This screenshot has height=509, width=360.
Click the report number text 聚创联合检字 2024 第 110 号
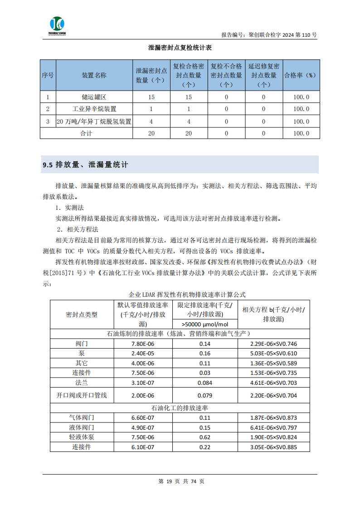pos(269,34)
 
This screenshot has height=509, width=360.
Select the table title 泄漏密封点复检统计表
pos(180,48)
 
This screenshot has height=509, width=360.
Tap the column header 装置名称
pos(94,75)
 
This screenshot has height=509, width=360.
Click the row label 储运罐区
pos(94,97)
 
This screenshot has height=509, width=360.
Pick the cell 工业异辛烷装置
pos(94,109)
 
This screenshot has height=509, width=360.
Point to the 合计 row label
pos(86,133)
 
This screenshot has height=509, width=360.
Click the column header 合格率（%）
pos(301,75)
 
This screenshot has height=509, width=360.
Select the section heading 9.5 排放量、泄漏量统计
pos(85,165)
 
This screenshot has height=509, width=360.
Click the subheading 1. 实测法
pos(70,208)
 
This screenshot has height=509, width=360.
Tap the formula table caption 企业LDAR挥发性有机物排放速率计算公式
pos(180,295)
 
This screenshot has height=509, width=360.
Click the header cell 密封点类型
pos(82,314)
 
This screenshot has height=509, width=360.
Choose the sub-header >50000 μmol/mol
pos(204,324)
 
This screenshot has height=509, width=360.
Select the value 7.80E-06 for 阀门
pos(143,344)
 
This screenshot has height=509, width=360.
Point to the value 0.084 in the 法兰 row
pos(204,383)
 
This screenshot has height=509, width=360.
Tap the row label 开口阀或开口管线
pos(82,395)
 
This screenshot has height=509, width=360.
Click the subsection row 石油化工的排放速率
pos(180,408)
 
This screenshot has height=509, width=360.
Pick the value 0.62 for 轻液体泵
pos(204,437)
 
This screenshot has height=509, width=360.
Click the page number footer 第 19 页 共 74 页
pos(181,481)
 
